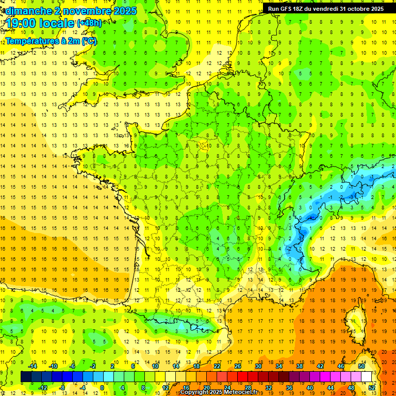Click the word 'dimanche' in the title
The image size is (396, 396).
coord(28,10)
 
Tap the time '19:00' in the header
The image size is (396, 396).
coord(21,24)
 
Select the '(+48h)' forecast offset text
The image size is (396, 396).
coord(89,23)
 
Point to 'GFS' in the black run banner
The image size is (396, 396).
coord(286,9)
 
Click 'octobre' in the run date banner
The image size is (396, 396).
coord(357,9)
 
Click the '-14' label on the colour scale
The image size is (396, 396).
coord(32,366)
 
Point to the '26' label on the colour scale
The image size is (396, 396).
coord(238,366)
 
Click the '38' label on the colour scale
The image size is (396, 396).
coord(299,366)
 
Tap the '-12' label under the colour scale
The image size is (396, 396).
coord(43,388)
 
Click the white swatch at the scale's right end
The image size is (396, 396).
coord(367,377)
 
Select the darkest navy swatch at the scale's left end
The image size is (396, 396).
coord(26,377)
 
